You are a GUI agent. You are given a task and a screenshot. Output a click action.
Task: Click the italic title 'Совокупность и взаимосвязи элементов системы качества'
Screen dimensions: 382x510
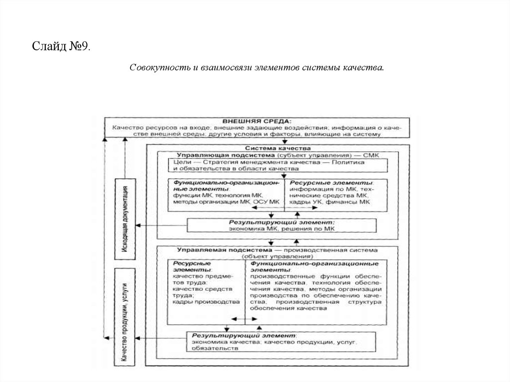tap(257, 67)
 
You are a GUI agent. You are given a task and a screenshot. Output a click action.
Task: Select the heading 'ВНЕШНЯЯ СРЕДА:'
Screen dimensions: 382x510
tap(257, 121)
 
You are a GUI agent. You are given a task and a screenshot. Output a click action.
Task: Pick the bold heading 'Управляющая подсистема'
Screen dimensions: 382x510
tap(206, 155)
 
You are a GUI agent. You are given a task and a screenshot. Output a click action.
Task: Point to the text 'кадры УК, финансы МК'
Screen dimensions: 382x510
tap(330, 202)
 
